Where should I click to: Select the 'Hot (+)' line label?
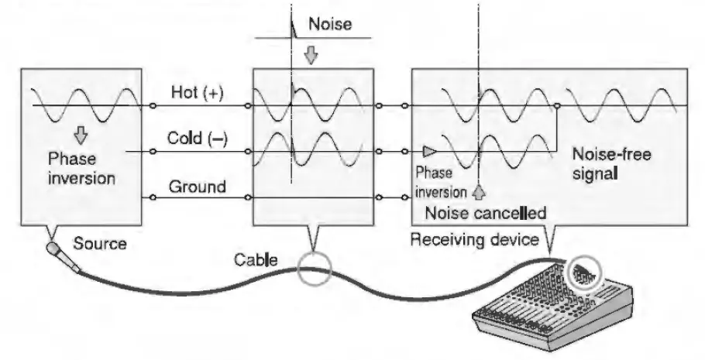[x=196, y=94]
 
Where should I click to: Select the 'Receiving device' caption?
[x=473, y=238]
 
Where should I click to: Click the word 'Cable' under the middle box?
[x=256, y=259]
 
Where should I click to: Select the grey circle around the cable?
[x=313, y=270]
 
